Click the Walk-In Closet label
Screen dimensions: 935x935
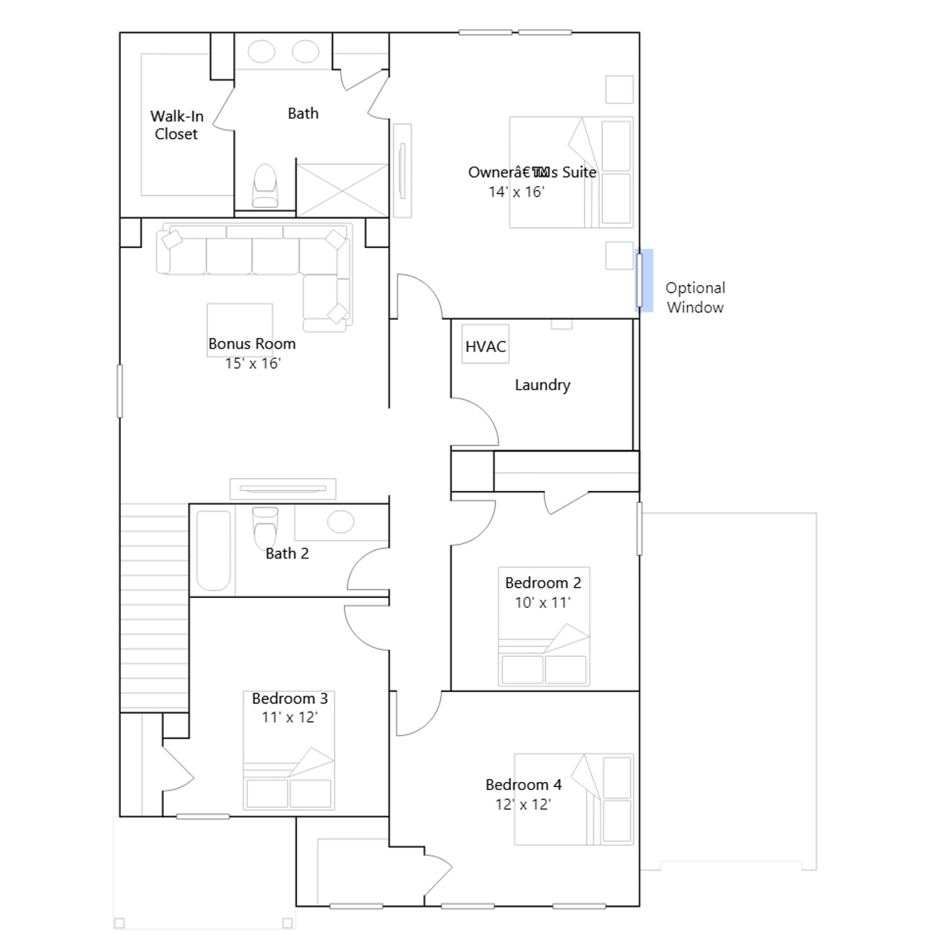pos(176,125)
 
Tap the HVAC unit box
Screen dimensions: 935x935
pos(485,344)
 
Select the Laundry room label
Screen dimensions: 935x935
pos(542,385)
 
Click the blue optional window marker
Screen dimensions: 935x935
pos(644,280)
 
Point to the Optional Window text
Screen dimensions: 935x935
pos(695,297)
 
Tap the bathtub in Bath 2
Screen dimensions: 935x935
pos(213,550)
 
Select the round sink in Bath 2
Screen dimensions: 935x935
pos(341,521)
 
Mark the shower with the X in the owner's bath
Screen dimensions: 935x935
pos(342,190)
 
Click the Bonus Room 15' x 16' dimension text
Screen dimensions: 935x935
pos(253,363)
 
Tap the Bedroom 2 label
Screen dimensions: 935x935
pos(543,583)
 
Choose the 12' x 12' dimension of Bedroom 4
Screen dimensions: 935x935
pos(523,804)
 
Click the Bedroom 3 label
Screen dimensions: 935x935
pos(290,698)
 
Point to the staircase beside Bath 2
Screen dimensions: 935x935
pos(154,608)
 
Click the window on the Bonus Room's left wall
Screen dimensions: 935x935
pos(120,391)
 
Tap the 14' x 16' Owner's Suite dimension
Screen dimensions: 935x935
pos(517,192)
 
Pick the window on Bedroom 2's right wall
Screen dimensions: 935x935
pos(639,528)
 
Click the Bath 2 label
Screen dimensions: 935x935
pos(287,553)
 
